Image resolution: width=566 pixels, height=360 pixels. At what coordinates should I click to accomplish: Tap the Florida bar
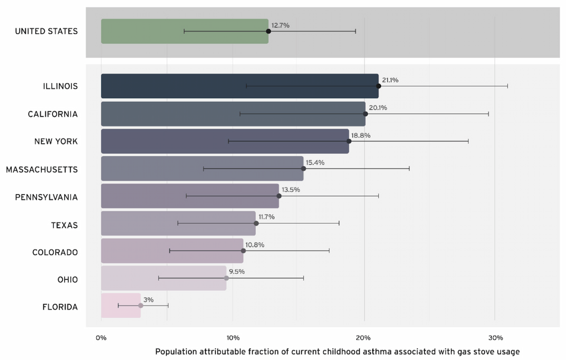121,306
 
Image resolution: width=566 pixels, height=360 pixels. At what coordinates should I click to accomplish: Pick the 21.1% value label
390,80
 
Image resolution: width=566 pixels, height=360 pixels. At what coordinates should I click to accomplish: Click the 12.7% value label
280,25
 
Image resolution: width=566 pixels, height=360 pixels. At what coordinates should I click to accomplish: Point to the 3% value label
148,300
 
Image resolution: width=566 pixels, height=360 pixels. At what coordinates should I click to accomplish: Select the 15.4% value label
315,163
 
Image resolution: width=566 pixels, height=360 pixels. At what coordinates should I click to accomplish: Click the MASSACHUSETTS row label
42,169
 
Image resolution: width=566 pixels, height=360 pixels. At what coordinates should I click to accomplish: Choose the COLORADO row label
55,252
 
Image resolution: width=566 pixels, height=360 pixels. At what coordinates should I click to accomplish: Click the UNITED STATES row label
46,32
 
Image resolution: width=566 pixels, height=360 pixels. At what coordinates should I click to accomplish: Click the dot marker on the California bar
365,113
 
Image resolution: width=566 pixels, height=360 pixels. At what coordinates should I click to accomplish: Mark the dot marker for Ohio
226,278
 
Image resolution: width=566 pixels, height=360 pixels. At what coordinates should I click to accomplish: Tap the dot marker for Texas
256,223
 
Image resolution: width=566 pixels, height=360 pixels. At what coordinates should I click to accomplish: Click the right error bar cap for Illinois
507,86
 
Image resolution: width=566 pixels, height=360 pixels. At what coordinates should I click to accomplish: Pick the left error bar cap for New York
228,141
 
